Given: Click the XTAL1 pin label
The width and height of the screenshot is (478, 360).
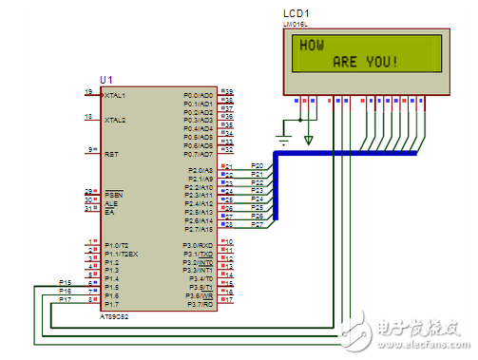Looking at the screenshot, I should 116,95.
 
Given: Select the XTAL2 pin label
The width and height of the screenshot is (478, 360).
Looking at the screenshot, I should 116,121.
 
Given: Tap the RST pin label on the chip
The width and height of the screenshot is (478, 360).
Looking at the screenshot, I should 111,150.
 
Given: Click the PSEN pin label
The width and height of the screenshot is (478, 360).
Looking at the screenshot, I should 114,193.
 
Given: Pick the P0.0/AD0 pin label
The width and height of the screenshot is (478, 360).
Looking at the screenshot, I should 199,95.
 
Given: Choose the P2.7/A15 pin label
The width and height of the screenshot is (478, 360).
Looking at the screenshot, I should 199,228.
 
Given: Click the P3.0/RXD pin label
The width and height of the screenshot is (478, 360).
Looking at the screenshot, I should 199,245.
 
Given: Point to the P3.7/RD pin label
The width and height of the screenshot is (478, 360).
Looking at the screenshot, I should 200,304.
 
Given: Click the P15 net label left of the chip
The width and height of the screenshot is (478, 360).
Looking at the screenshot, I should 66,282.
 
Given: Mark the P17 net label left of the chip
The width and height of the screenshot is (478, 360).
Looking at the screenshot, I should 66,299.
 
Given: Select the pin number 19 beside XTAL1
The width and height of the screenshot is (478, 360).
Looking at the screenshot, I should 88,92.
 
